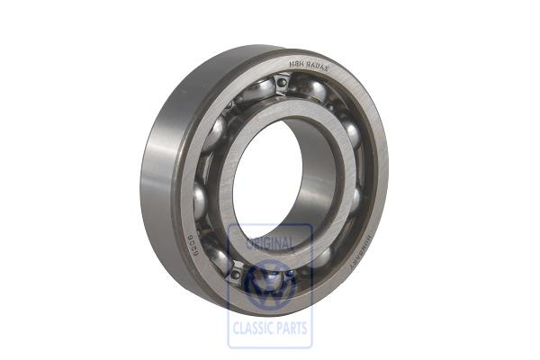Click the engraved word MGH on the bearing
point(297,62)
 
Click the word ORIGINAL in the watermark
point(270,244)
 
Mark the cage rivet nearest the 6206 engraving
point(236,270)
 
